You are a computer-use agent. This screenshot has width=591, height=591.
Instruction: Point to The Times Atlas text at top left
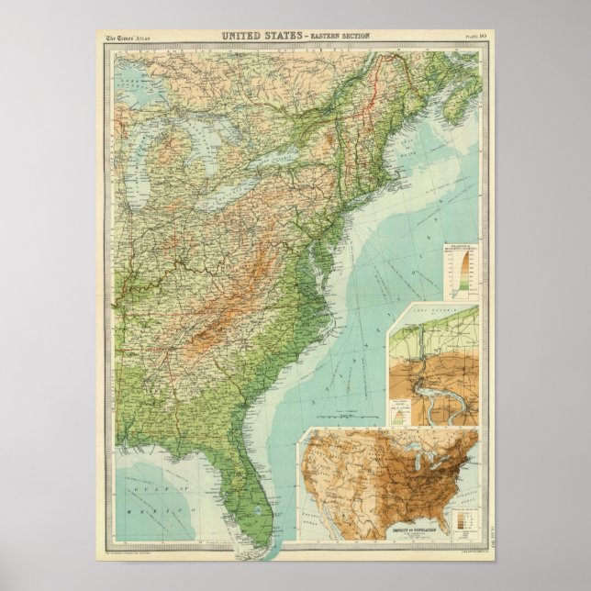(128, 37)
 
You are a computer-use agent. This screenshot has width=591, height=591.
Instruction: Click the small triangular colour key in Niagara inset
(401, 409)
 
